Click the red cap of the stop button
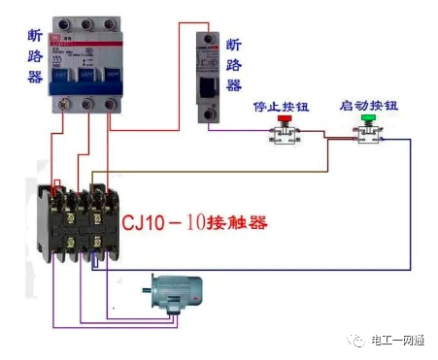[x=285, y=120]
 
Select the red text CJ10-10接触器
[x=194, y=222]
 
